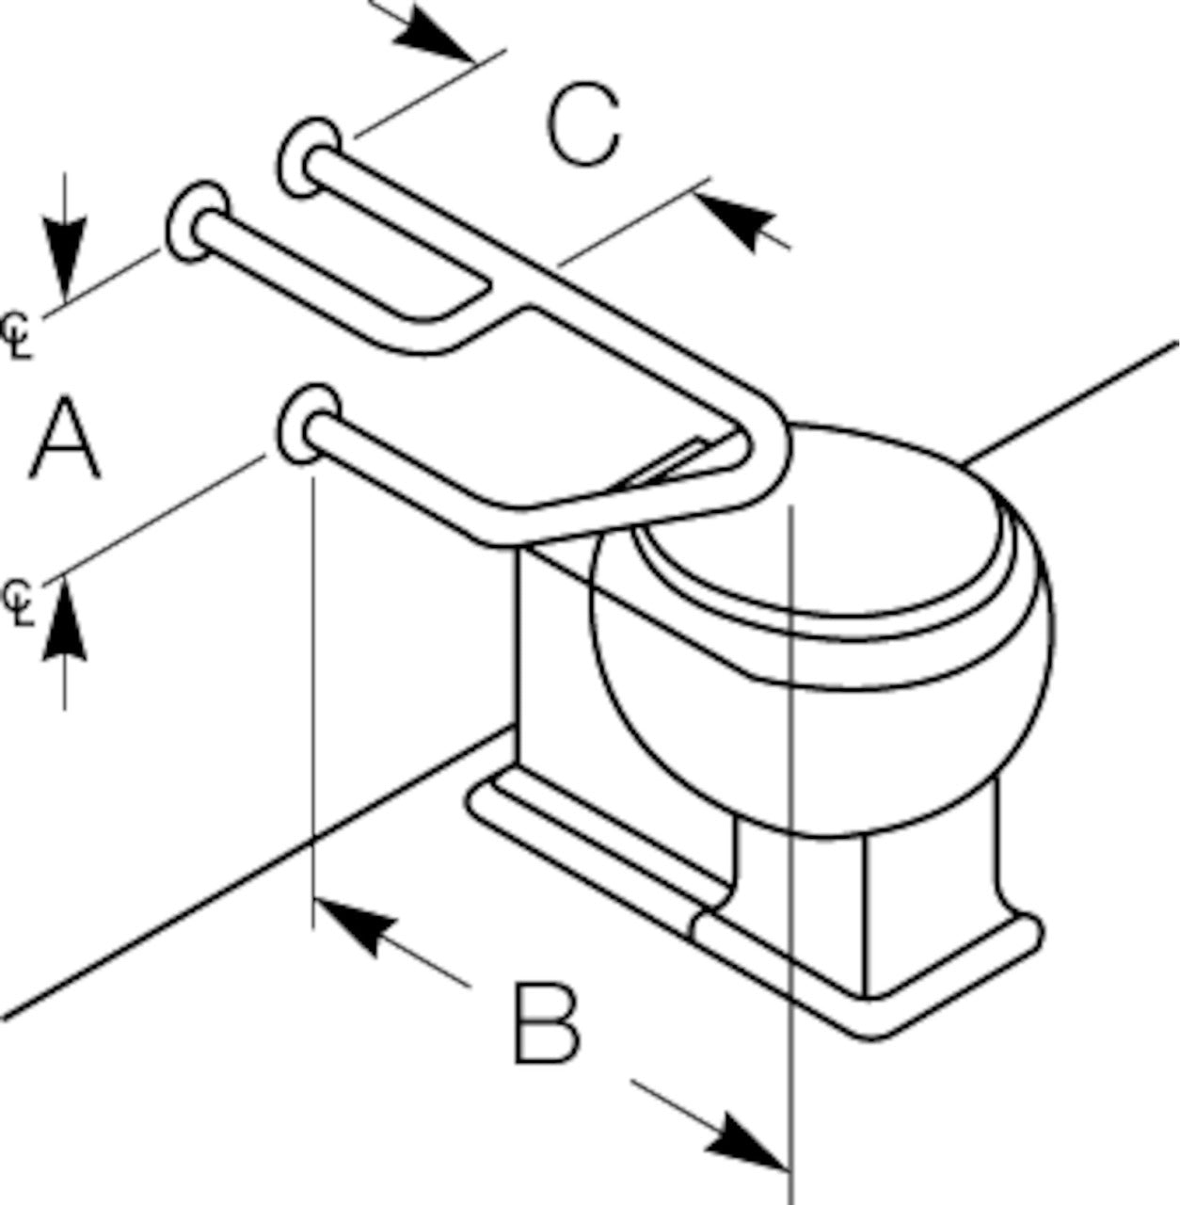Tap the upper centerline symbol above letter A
click(x=18, y=334)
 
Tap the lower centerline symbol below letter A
click(x=20, y=602)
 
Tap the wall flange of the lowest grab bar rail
click(x=305, y=425)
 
